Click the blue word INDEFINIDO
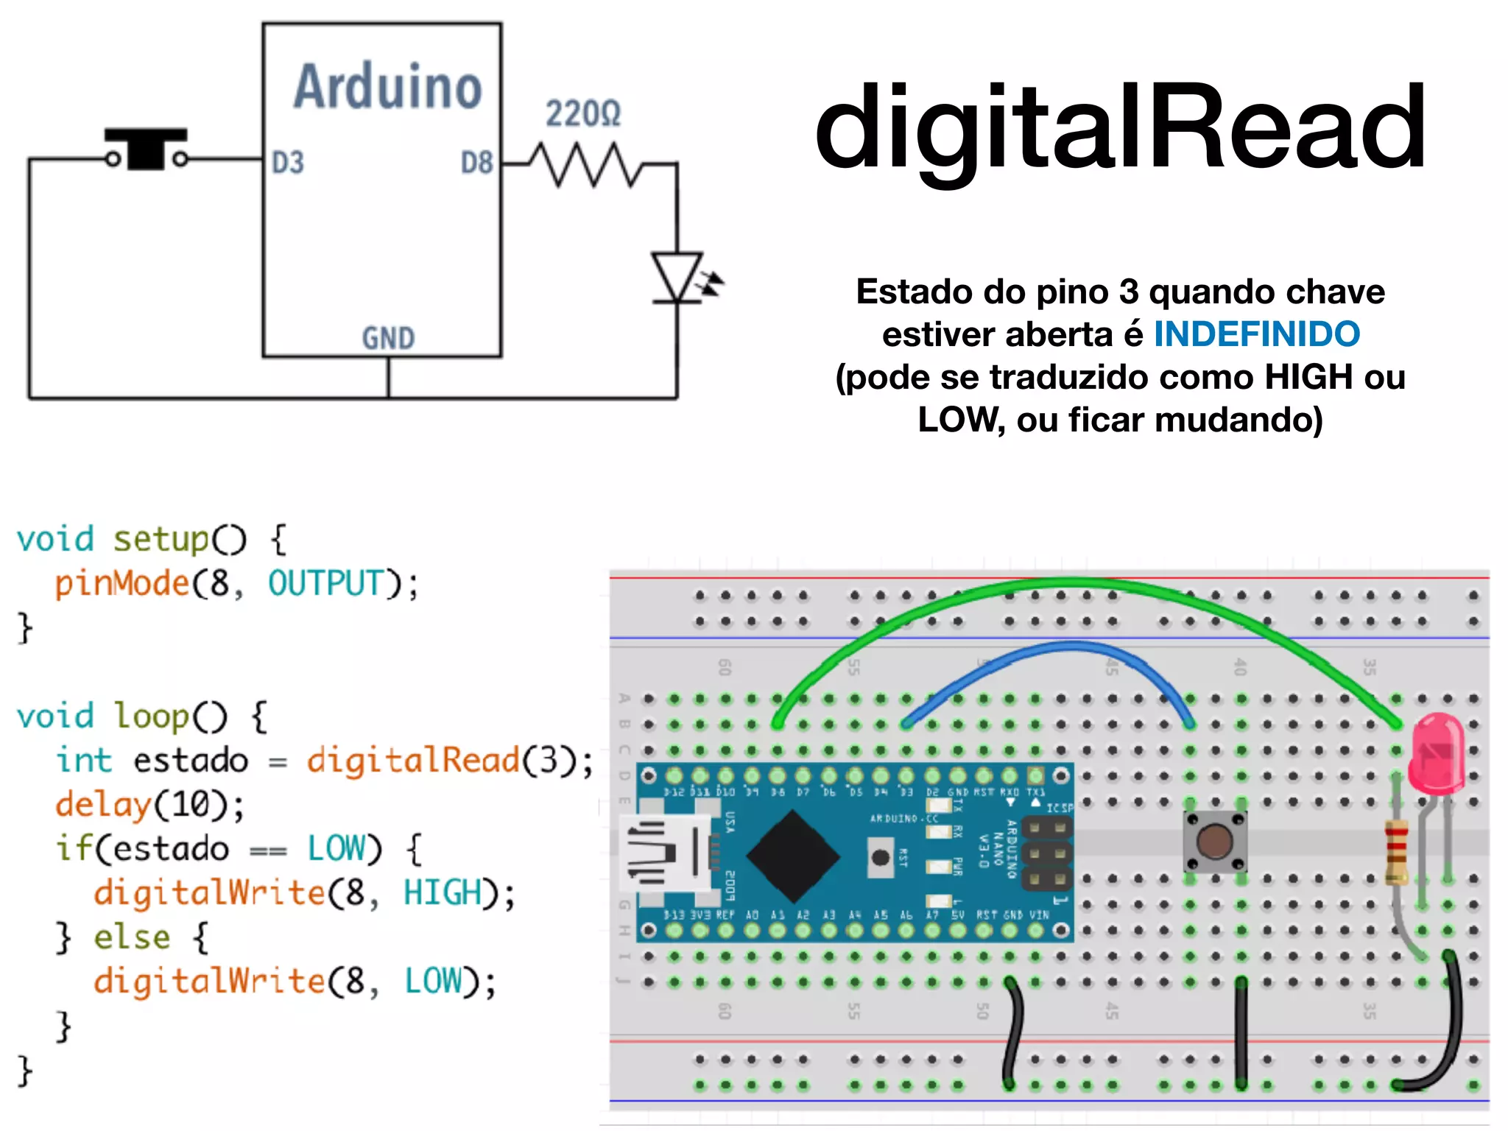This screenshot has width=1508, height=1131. (x=1256, y=334)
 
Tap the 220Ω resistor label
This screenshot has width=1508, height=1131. (x=582, y=114)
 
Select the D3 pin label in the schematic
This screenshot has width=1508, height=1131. (x=287, y=163)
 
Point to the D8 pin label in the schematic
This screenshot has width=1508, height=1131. (x=476, y=163)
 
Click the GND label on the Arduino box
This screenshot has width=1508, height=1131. (x=388, y=339)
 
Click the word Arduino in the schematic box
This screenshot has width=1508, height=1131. (x=387, y=87)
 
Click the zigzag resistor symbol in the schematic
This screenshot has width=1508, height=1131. (x=585, y=165)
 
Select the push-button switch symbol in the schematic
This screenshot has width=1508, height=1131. (x=147, y=149)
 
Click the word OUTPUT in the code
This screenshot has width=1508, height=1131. (x=326, y=583)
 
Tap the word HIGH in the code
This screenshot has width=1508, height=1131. (x=443, y=892)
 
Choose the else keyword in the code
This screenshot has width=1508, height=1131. (x=132, y=937)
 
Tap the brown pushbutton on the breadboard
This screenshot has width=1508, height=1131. (x=1214, y=842)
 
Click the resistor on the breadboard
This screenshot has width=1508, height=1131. (x=1395, y=851)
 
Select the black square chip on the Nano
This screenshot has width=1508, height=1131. (x=792, y=856)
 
